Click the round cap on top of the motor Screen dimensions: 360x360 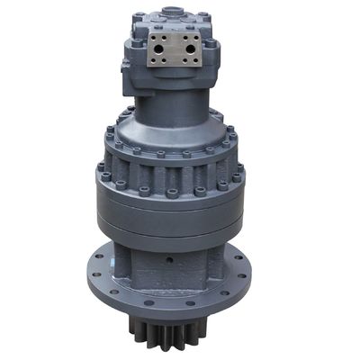pyautogui.click(x=168, y=12)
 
